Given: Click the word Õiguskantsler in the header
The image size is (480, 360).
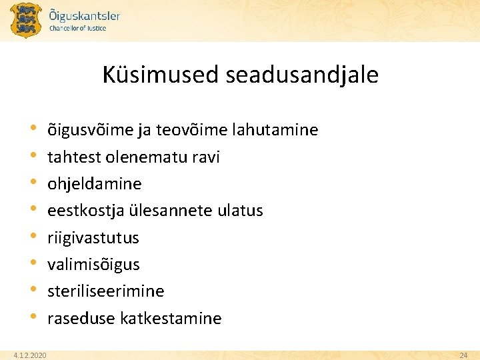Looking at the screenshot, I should click(85, 15).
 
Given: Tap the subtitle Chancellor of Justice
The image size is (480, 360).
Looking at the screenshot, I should click(78, 29).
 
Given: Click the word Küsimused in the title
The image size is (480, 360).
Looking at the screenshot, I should click(161, 75).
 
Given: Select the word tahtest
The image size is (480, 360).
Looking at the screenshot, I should click(73, 157).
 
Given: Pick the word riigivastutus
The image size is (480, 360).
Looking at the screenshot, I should click(93, 238).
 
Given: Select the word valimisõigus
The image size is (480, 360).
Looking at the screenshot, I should click(93, 265).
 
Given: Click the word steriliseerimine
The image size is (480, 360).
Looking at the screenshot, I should click(105, 291).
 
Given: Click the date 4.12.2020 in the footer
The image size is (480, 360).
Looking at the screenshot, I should click(30, 356).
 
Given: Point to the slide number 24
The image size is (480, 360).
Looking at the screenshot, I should click(463, 356).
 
